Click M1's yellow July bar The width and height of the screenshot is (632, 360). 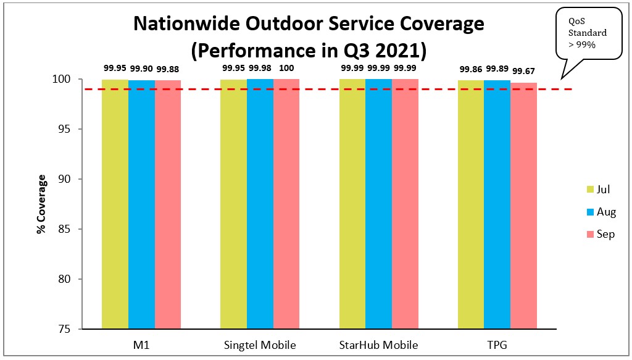tap(115, 204)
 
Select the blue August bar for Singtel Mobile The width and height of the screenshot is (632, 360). tap(260, 204)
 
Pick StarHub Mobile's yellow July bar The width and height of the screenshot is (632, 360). tap(352, 204)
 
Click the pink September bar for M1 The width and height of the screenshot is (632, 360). tap(168, 204)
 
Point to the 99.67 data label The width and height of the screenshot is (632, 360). tap(524, 72)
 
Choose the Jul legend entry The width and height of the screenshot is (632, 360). tap(596, 189)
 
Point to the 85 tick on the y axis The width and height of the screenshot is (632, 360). tap(65, 229)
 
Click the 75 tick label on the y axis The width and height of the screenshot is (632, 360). tap(65, 329)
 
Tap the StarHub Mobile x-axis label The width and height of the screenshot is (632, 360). tap(379, 345)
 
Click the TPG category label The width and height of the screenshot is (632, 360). tap(497, 345)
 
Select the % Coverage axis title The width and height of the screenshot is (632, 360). tap(41, 204)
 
